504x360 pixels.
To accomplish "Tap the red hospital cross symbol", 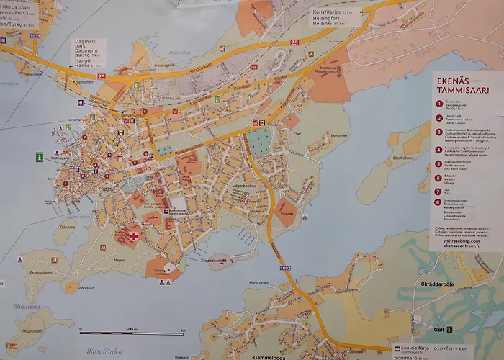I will tap(133, 235).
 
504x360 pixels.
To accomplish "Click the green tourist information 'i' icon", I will tap(39, 157).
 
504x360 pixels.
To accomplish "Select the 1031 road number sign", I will tap(16, 36).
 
